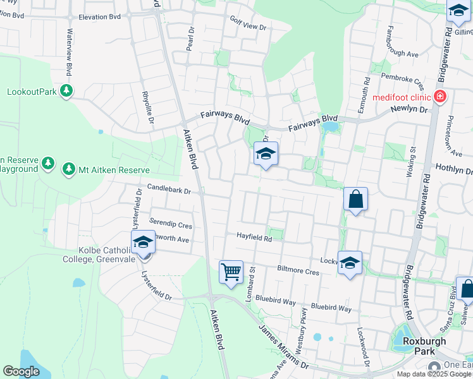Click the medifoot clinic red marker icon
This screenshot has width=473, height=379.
[x=441, y=97]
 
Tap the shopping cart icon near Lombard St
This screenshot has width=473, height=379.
[x=231, y=272]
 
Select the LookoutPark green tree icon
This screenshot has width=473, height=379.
[x=66, y=92]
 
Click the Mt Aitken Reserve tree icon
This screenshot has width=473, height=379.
[x=68, y=169]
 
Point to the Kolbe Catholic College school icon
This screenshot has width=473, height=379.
[x=143, y=243]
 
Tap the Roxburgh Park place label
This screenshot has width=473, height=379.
[x=424, y=346]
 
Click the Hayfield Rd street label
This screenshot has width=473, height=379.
[x=254, y=239]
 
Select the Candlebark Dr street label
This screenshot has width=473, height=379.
[x=169, y=188]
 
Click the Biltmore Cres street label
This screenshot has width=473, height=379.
[x=298, y=270]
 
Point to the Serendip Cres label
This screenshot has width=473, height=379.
[x=170, y=224]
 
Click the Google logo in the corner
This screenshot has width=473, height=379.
[x=21, y=371]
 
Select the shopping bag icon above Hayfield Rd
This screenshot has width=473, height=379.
[x=355, y=200]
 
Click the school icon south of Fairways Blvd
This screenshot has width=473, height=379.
[x=266, y=153]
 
